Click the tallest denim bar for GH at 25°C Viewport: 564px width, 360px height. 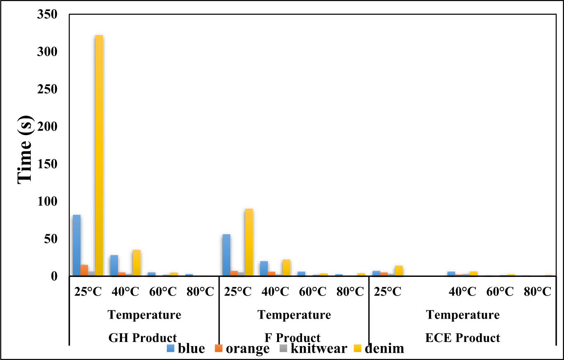(x=99, y=156)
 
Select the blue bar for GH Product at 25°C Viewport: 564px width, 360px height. (x=77, y=245)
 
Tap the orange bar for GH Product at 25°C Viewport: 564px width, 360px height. (x=84, y=271)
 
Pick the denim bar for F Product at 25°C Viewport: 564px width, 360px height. (x=249, y=242)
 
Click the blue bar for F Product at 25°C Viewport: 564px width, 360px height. (x=226, y=255)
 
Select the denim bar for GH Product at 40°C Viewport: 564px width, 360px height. (x=136, y=263)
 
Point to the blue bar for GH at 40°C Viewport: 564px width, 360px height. (x=114, y=265)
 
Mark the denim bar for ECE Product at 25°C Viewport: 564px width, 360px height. (x=398, y=271)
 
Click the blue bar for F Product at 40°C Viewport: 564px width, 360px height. (x=264, y=268)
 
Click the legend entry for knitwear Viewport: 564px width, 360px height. (x=314, y=349)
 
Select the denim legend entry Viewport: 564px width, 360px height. (x=379, y=349)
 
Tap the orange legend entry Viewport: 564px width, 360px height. (x=242, y=349)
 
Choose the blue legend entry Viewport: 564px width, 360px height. (x=186, y=349)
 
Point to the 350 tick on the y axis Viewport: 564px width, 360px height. (x=47, y=15)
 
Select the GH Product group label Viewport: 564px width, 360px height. (x=142, y=338)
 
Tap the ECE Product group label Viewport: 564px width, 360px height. (x=462, y=338)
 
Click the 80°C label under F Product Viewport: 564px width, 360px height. (x=350, y=292)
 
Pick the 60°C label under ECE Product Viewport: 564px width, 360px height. (x=500, y=292)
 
